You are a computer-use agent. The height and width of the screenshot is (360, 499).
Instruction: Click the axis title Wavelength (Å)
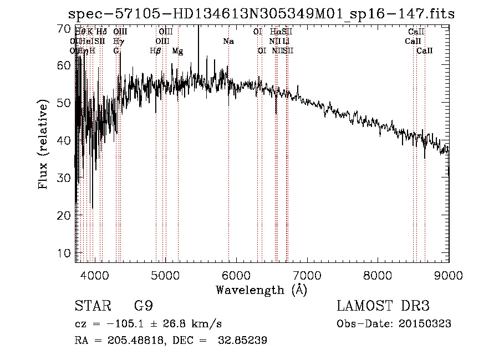261,290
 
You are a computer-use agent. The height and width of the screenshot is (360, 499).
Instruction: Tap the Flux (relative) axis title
43,144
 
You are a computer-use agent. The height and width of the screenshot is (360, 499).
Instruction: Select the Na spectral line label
228,42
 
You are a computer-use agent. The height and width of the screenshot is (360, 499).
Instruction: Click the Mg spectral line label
177,51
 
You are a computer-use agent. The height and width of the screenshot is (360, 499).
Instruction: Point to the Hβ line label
156,51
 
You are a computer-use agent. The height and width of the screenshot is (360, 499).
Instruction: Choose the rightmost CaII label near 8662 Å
425,51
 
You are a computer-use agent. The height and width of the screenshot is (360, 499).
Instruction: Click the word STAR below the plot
89,306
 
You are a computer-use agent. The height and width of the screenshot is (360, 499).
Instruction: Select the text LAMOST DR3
383,306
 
